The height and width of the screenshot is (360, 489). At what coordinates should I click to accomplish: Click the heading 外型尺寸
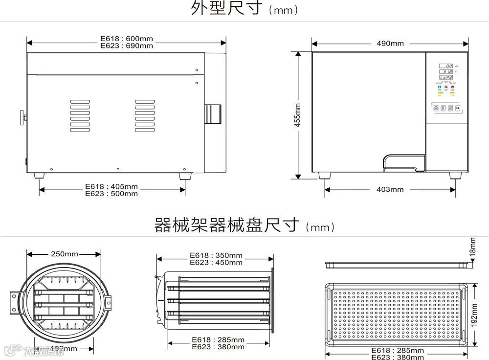[x=228, y=9]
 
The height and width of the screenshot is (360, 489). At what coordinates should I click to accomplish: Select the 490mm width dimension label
[x=390, y=44]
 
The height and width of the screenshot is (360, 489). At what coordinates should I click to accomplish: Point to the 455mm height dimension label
[x=297, y=115]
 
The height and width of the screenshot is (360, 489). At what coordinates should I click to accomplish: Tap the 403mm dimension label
[x=390, y=189]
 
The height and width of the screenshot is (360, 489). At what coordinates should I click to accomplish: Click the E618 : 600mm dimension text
[x=127, y=39]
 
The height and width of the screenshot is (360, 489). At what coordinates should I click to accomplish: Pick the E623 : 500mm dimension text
[x=111, y=193]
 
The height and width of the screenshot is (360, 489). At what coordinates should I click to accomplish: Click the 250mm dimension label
[x=65, y=254]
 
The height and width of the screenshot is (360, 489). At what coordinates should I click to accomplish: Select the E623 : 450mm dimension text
[x=215, y=262]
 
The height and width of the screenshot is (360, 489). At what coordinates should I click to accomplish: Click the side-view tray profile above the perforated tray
[x=399, y=265]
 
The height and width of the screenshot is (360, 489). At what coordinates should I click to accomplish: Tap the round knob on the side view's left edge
[x=22, y=117]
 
